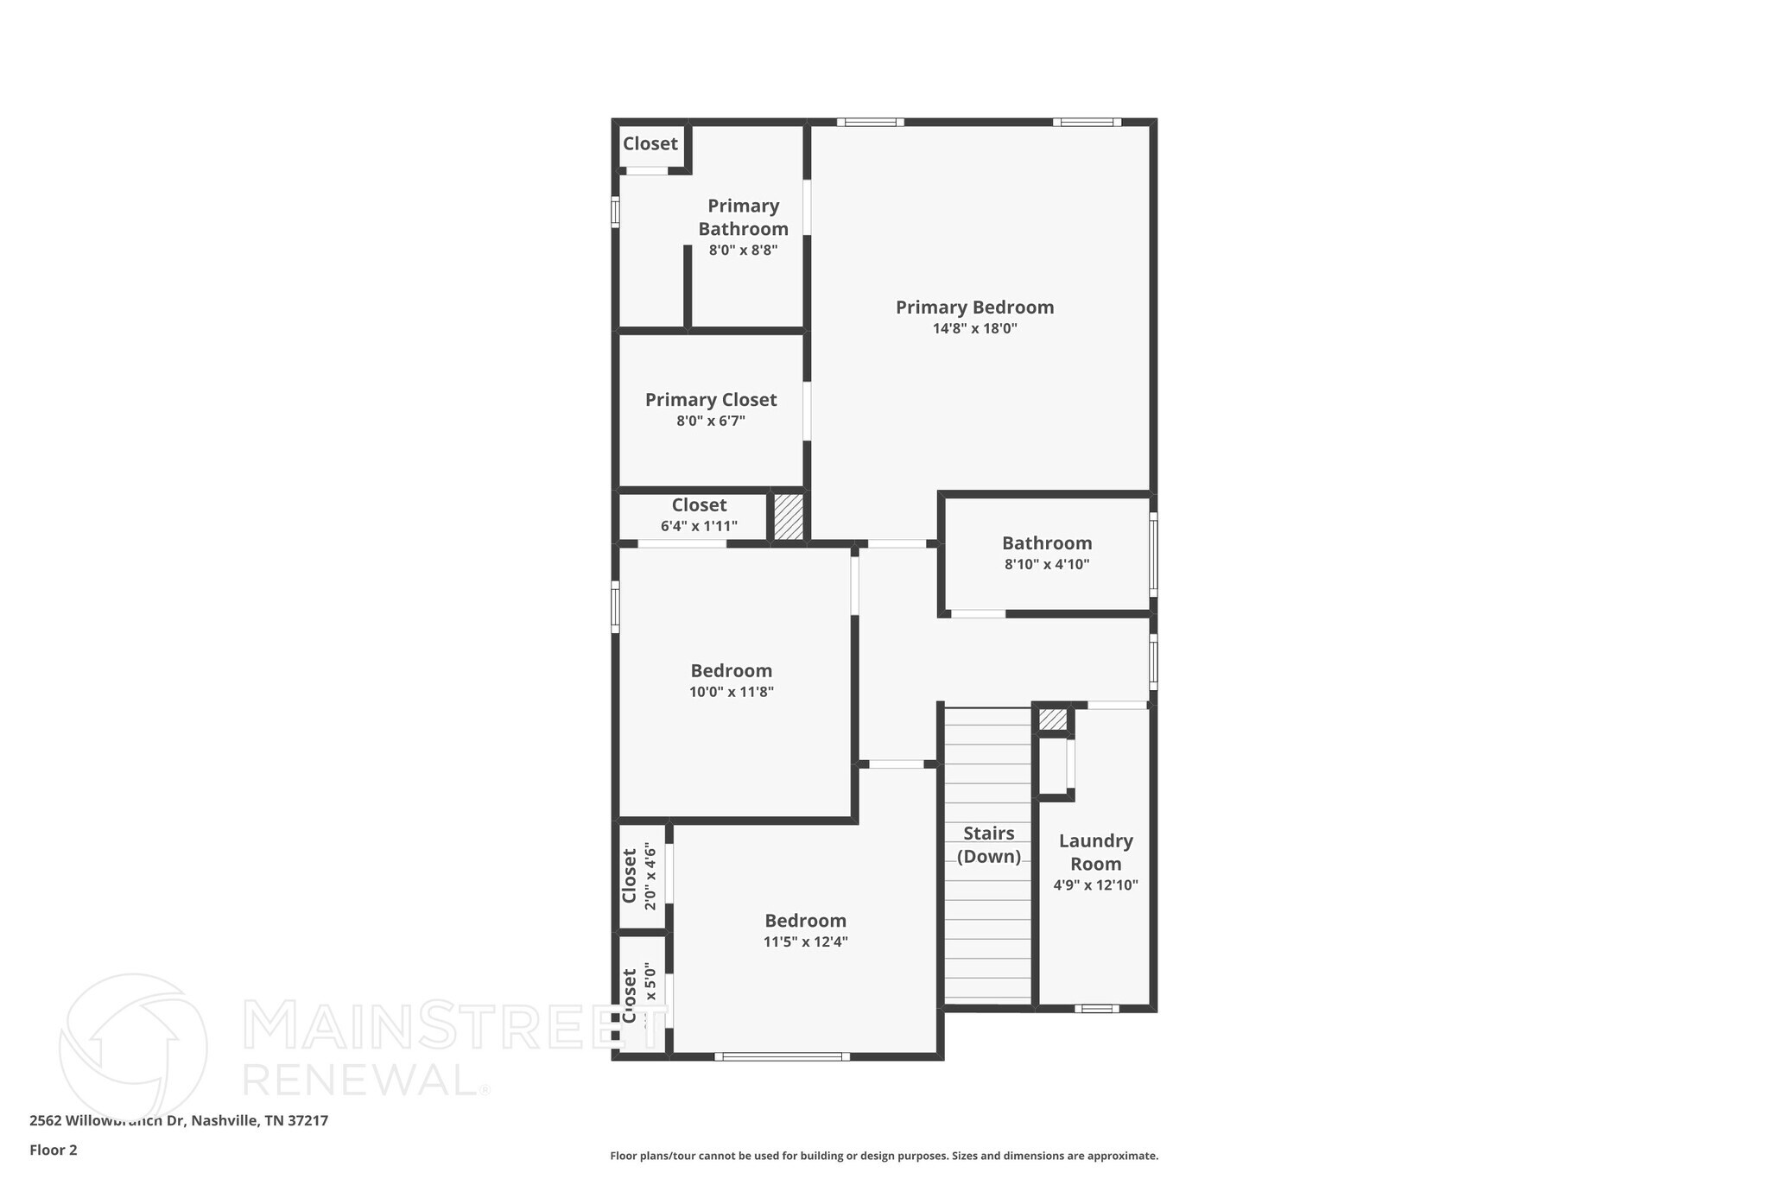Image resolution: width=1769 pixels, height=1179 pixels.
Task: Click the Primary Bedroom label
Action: (x=974, y=307)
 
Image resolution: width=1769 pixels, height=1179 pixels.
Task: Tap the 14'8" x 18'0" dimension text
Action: (x=974, y=329)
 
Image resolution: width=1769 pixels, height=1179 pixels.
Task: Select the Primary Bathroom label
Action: (x=743, y=217)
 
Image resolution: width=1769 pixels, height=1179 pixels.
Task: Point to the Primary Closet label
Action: (x=711, y=400)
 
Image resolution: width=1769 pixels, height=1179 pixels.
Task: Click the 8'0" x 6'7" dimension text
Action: (x=711, y=422)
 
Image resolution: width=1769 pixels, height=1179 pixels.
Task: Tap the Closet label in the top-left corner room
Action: (x=650, y=144)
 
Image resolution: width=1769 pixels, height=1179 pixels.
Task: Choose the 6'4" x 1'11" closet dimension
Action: (x=699, y=526)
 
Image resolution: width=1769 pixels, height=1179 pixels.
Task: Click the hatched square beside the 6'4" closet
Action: (x=788, y=517)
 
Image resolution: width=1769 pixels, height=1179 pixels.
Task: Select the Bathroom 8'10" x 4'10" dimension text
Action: (x=1047, y=565)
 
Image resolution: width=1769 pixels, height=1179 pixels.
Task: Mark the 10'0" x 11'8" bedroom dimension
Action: (x=732, y=692)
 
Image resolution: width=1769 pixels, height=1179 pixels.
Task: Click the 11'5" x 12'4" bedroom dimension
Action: (x=806, y=942)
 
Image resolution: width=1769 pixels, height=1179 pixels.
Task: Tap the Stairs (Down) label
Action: (x=988, y=845)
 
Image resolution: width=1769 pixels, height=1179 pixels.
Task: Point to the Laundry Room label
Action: (x=1095, y=853)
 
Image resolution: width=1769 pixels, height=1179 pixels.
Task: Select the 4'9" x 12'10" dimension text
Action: (x=1095, y=885)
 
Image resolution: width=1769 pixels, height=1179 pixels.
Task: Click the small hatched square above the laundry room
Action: (x=1052, y=719)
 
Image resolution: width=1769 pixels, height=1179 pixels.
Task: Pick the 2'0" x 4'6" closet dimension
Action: (x=650, y=877)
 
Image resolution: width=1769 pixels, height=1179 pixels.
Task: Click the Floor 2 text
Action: (x=54, y=1150)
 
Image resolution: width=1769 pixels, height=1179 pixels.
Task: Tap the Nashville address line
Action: (x=179, y=1121)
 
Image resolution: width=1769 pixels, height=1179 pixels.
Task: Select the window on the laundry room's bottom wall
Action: (x=1096, y=1008)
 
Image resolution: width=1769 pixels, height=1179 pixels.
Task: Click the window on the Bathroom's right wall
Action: (x=1153, y=555)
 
